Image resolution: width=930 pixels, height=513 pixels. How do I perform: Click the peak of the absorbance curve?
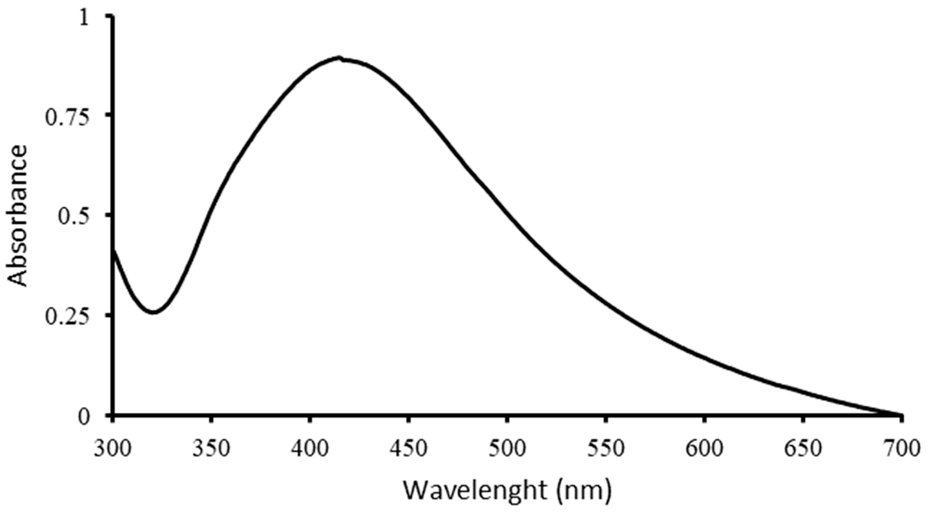338,58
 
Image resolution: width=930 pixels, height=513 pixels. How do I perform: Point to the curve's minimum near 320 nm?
153,312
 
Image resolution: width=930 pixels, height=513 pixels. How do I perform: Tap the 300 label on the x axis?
113,449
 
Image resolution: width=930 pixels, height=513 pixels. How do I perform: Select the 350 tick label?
211,449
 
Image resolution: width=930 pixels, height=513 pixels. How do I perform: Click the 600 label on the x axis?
705,449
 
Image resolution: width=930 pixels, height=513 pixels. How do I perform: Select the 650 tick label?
803,449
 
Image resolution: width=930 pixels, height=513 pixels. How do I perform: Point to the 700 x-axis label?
901,449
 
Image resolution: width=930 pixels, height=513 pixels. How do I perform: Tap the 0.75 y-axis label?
66,118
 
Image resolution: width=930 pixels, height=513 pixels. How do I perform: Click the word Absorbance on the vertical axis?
17,216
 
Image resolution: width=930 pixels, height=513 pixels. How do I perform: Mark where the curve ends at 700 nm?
901,415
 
